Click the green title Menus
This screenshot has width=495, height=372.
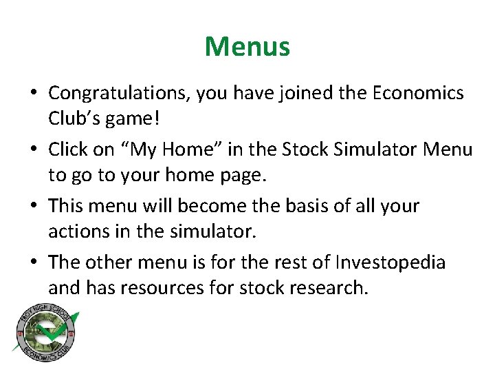point(247,47)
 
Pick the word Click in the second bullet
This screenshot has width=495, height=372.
point(69,149)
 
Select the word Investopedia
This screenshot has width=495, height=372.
point(390,262)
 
